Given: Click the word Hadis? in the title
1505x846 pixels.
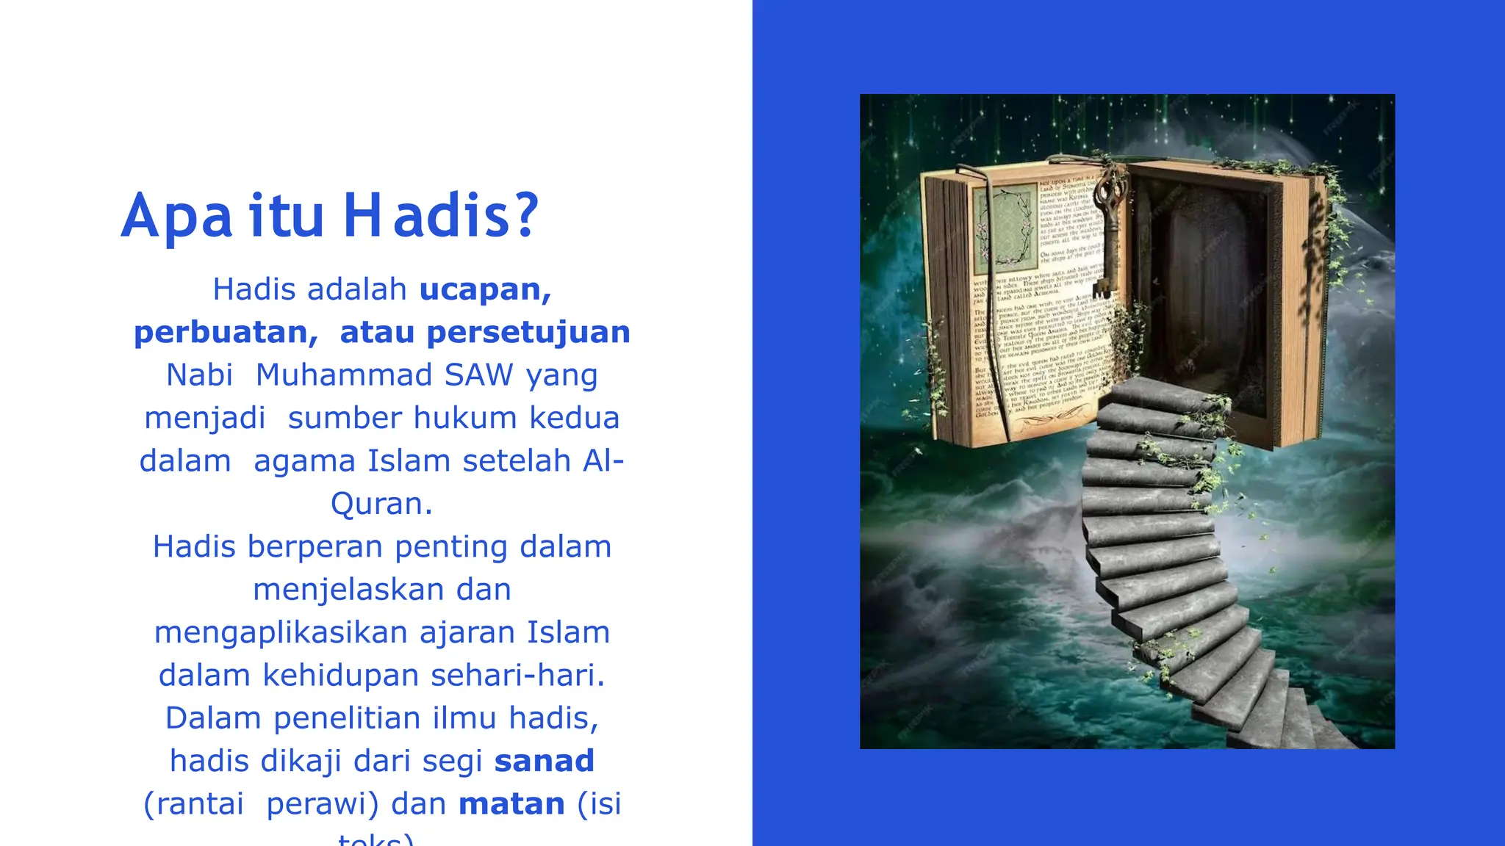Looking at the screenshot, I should [x=441, y=216].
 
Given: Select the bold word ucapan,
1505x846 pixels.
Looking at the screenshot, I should [x=485, y=289].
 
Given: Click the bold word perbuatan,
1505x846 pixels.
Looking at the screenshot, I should [x=226, y=332].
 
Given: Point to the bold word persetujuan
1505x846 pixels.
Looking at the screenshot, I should [x=528, y=332].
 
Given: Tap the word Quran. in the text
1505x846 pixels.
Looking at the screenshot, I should [x=381, y=504].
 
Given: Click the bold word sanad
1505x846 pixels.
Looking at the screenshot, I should [x=544, y=761].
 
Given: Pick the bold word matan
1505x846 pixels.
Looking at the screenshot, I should [x=511, y=803].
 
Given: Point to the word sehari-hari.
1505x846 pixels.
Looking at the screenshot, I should [x=517, y=675].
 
